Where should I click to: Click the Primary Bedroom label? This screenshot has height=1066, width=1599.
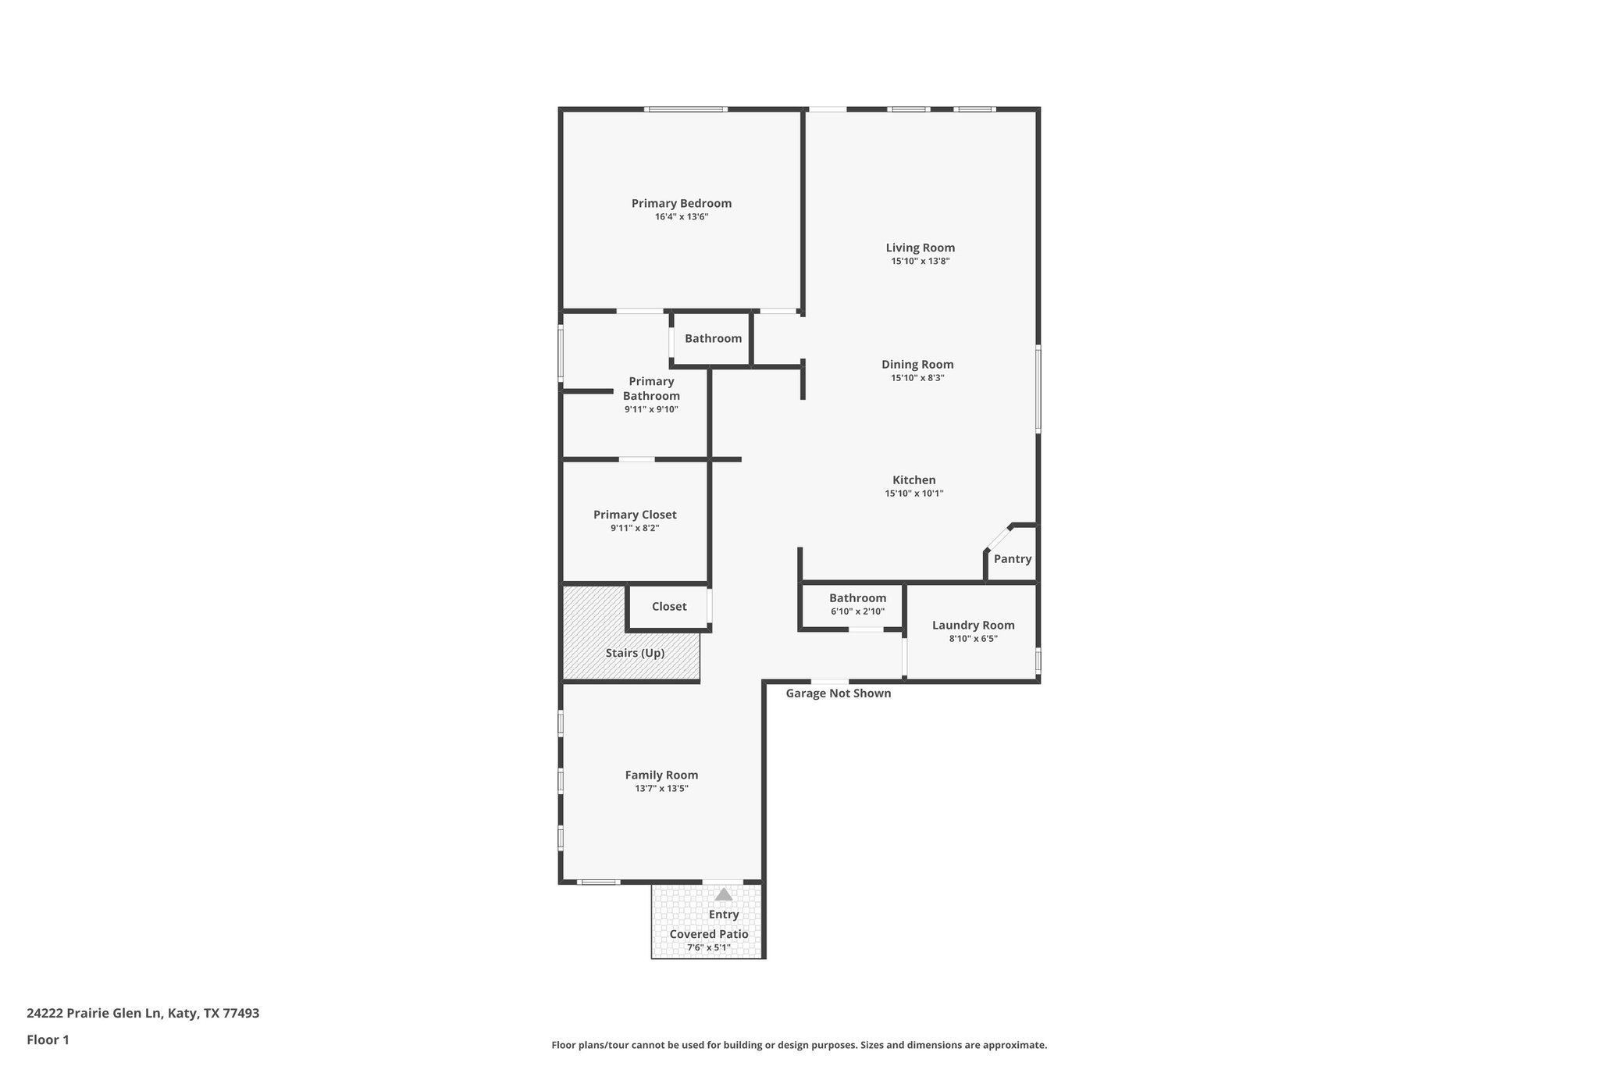(x=681, y=203)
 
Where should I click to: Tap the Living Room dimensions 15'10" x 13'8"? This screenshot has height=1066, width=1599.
(x=920, y=262)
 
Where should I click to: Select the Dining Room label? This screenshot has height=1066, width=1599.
(x=917, y=364)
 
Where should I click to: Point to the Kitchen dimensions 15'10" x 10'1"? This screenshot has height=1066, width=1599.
(x=913, y=494)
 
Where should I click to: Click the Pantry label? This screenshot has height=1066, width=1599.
(x=1012, y=559)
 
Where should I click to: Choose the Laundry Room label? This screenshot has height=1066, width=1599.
(x=973, y=625)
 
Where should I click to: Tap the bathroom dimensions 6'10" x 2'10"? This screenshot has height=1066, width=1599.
(x=857, y=611)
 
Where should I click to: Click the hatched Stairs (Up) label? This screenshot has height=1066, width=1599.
(x=635, y=653)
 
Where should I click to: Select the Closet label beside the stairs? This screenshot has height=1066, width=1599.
(x=669, y=607)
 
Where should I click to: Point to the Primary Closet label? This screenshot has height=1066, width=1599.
(x=635, y=515)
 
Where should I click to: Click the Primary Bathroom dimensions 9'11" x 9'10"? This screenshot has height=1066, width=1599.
(x=651, y=409)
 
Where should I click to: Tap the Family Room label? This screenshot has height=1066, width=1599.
(x=661, y=775)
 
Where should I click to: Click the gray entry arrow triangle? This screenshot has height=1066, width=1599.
(x=724, y=894)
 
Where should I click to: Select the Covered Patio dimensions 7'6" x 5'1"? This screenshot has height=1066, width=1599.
(x=708, y=948)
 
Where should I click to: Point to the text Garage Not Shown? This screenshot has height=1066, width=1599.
(x=838, y=693)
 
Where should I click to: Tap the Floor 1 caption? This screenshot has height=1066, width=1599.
(x=48, y=1040)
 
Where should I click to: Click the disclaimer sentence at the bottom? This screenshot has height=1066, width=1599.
(x=799, y=1045)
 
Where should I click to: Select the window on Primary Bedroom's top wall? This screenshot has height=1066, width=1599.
(x=686, y=109)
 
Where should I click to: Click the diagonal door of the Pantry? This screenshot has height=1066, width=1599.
(x=999, y=538)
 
